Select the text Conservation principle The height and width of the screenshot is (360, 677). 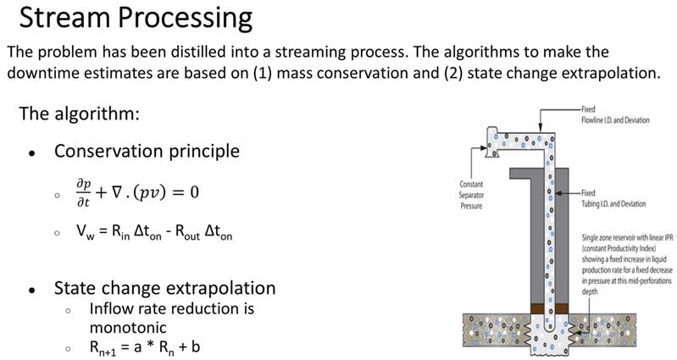pos(147,152)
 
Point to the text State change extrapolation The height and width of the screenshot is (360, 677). pos(164,288)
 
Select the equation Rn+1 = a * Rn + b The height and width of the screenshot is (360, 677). pos(150,347)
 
